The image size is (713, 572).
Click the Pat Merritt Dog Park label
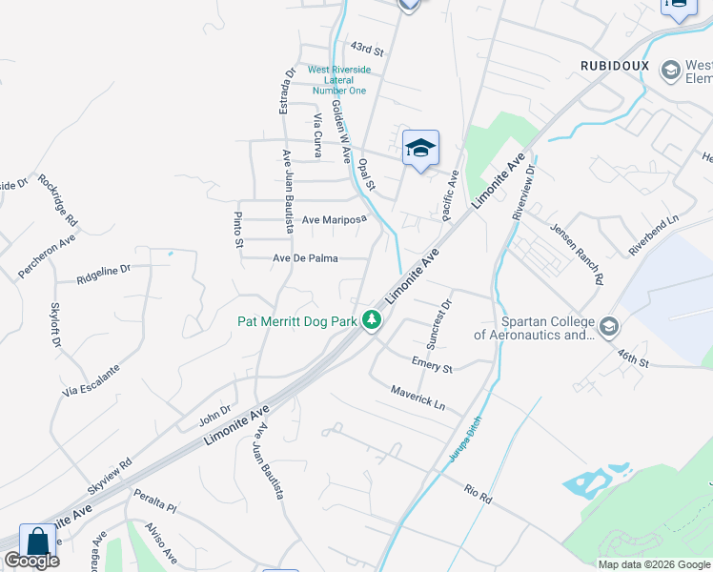[x=296, y=322]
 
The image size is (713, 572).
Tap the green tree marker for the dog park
[x=372, y=322]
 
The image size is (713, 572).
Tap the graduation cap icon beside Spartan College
[x=608, y=328]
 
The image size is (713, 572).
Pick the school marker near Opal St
[x=420, y=149]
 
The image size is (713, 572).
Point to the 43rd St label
[x=366, y=47]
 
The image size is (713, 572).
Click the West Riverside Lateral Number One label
[x=338, y=80]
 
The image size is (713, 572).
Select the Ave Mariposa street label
[x=335, y=220]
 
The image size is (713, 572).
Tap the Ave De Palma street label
[x=307, y=258]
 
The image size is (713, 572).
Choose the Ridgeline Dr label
[x=103, y=276]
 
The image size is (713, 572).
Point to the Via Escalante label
[x=92, y=380]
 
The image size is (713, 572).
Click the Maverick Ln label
[x=418, y=398]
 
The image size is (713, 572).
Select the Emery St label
[x=432, y=363]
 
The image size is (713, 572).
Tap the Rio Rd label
[x=478, y=495]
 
